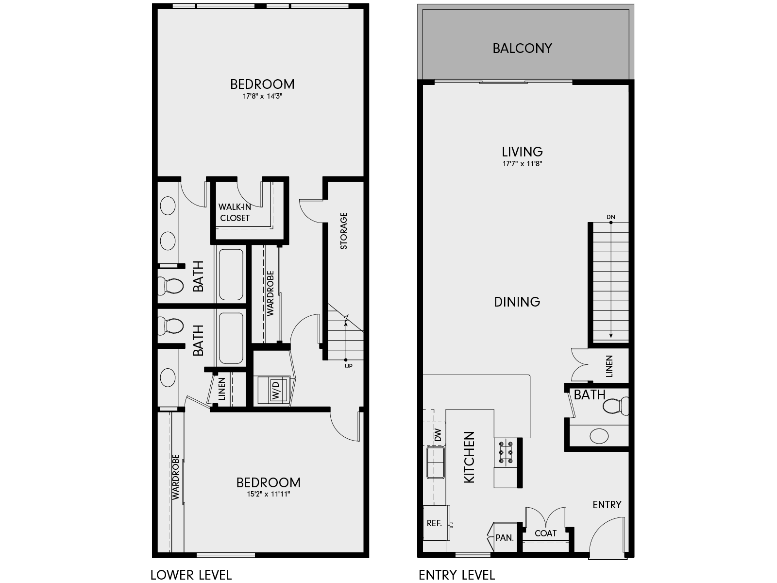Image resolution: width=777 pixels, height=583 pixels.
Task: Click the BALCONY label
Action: tap(522, 49)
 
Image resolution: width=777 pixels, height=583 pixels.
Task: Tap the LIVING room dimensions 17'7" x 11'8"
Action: tap(522, 164)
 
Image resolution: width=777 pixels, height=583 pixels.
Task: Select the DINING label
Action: tap(517, 302)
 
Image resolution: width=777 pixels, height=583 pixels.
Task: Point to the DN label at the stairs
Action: tap(610, 217)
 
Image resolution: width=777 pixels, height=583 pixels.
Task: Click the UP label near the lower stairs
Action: tap(348, 366)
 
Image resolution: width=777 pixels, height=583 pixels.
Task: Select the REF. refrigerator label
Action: tap(434, 523)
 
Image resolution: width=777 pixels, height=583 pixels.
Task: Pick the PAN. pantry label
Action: tap(505, 538)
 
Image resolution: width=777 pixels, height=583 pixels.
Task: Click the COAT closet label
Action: tap(545, 533)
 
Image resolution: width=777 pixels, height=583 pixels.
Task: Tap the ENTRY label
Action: tap(607, 505)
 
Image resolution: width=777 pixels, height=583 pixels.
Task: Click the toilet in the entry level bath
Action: tap(616, 406)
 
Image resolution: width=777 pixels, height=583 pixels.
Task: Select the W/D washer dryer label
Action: tap(275, 390)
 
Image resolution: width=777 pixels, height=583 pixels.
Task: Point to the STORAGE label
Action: tap(344, 231)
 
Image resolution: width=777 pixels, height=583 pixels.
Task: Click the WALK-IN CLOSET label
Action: tap(235, 213)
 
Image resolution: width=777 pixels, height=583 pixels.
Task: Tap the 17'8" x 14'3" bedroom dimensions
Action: tap(262, 96)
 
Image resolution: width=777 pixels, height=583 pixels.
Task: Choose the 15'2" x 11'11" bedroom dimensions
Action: tap(268, 495)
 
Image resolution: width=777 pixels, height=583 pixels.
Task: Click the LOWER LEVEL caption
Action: tap(191, 575)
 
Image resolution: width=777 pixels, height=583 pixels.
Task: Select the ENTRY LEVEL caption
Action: tap(456, 575)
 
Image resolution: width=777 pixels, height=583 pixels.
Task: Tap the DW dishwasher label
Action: tap(438, 435)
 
